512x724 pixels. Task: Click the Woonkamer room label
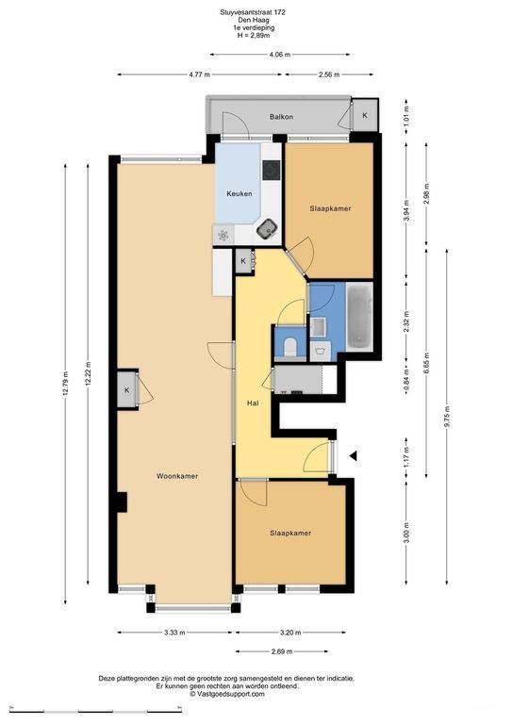176,476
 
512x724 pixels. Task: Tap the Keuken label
238,194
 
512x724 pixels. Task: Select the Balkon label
280,117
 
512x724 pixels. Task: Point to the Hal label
253,403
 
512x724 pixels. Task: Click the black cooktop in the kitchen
272,171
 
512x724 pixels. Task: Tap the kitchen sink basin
269,227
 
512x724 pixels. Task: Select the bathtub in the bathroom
358,318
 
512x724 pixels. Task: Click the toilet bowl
289,346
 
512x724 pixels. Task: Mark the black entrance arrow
354,456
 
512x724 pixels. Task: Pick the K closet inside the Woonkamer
126,390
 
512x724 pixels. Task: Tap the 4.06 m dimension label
279,56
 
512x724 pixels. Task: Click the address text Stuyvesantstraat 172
256,12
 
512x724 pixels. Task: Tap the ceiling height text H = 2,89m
256,35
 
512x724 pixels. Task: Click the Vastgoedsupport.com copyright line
256,693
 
